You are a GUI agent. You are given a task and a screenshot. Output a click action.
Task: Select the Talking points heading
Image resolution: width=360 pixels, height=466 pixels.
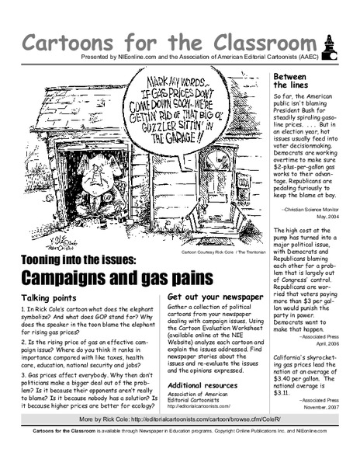click(x=50, y=297)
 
